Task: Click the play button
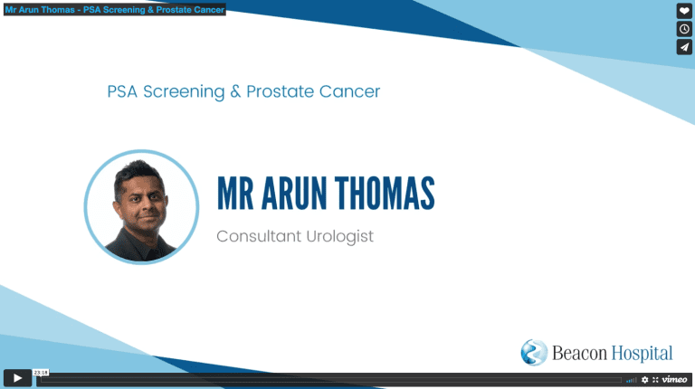coord(17,378)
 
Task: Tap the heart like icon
coord(684,11)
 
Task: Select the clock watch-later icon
coord(684,29)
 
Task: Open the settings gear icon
coord(645,380)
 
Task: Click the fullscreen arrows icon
coord(655,380)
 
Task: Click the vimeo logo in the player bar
coord(674,379)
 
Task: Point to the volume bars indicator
coord(631,380)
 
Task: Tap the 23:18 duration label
coord(41,373)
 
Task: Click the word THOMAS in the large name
coord(385,194)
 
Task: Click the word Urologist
coord(339,237)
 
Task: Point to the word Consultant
coord(259,236)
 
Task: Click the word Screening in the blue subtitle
coord(184,92)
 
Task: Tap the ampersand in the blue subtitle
coord(235,91)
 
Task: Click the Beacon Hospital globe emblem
coord(534,353)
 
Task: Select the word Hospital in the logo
coord(643,354)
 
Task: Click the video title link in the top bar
coord(115,9)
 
